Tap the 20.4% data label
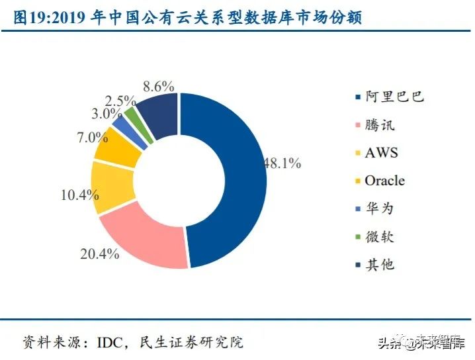pyautogui.click(x=100, y=253)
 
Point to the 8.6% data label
pyautogui.click(x=159, y=86)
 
